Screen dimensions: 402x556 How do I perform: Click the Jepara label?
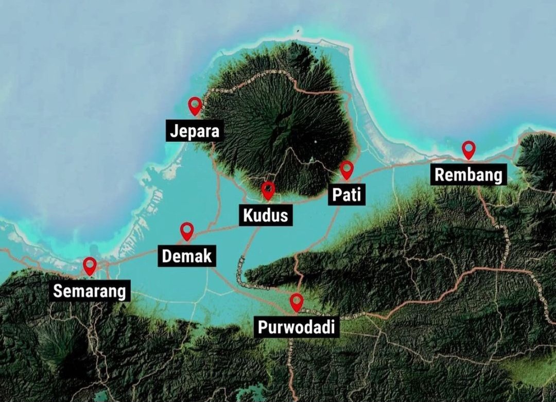(x=195, y=131)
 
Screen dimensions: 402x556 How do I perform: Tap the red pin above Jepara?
(x=195, y=105)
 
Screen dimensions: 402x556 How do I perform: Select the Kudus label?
(x=265, y=215)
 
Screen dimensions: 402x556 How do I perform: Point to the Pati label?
(x=346, y=195)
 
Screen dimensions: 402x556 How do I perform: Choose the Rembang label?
(x=468, y=175)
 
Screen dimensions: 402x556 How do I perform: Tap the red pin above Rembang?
(x=468, y=149)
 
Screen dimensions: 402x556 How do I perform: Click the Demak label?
(x=186, y=256)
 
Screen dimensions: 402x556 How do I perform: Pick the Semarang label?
(x=90, y=291)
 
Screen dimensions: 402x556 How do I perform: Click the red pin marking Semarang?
(x=90, y=265)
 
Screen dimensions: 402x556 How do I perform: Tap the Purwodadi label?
(x=296, y=327)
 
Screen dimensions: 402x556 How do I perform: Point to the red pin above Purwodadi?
(x=296, y=301)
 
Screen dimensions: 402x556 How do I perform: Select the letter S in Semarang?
(x=58, y=291)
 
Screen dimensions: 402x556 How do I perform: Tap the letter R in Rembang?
(x=440, y=175)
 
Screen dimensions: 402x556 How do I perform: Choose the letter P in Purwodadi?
(x=262, y=327)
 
